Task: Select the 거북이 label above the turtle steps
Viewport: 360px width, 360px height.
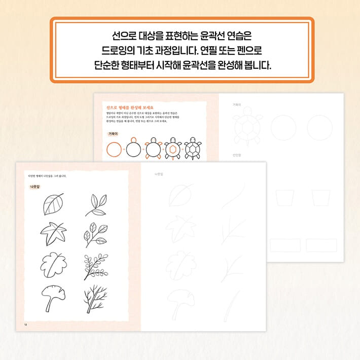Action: [113, 134]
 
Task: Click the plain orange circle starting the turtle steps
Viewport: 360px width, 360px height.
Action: [114, 150]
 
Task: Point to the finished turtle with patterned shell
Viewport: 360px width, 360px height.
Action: [192, 149]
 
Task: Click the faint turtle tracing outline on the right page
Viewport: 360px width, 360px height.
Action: [248, 127]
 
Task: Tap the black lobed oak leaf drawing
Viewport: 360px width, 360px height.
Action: [52, 264]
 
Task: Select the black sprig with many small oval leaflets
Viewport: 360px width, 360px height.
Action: [95, 266]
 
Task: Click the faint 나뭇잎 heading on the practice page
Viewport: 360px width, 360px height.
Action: [160, 175]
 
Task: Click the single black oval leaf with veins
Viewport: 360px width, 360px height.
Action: [53, 204]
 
